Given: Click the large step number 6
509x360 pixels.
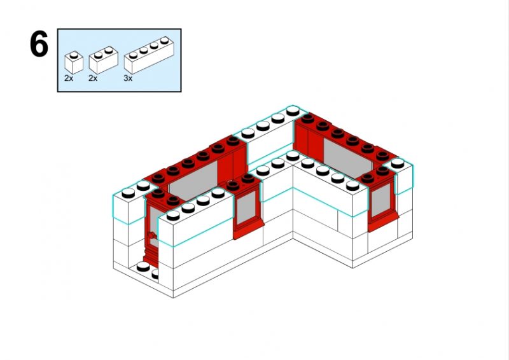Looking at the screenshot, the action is [39, 44].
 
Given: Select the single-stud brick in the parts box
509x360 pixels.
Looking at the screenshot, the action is [74, 62].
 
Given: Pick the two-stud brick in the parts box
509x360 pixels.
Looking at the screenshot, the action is [103, 60].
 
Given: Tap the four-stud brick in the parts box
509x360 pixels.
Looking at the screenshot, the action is [149, 55].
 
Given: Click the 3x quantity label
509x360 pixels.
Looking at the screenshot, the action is [128, 78].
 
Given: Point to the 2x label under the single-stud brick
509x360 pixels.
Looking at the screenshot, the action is [69, 78].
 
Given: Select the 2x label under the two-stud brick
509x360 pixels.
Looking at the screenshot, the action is [93, 78].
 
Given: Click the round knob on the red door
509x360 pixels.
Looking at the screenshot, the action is [151, 235].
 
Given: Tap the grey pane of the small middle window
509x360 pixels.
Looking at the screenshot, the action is [246, 208].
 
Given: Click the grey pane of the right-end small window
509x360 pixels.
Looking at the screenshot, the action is [380, 200].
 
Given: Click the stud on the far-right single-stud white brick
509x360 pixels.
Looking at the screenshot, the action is [397, 163].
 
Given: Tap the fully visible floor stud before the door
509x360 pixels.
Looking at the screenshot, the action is [143, 267].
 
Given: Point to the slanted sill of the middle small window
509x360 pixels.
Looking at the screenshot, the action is [248, 230].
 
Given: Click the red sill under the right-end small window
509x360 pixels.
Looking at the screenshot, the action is [384, 222].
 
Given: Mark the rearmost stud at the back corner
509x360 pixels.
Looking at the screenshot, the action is [293, 111].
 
